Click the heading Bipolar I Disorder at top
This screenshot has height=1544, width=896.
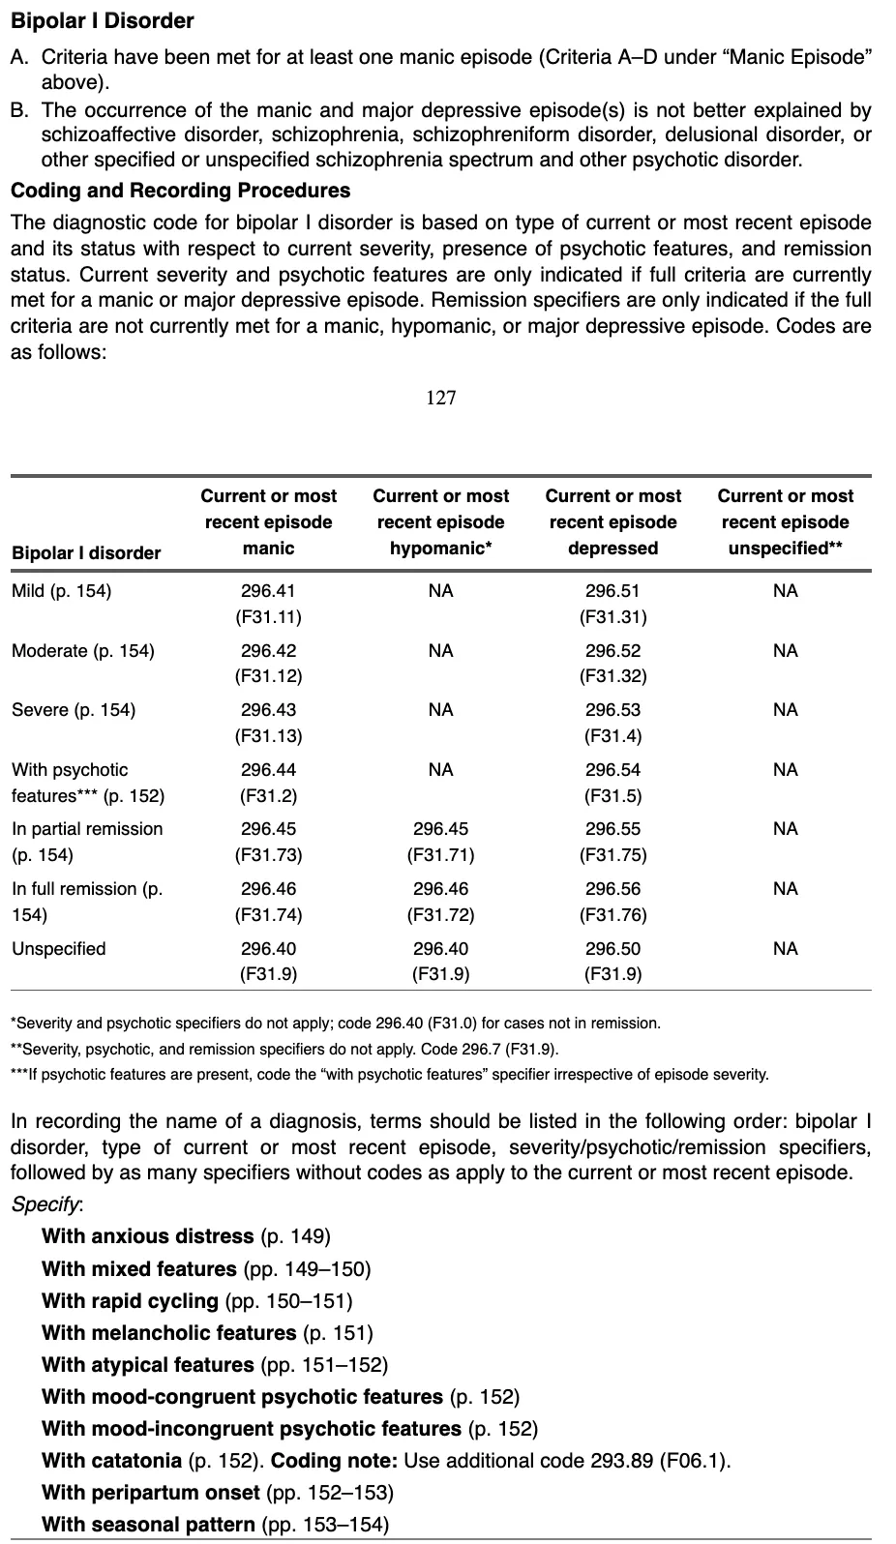tap(102, 20)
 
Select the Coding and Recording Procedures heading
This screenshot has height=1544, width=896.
tap(180, 191)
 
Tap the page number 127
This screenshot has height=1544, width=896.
tap(440, 398)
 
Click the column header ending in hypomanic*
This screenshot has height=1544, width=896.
tap(440, 522)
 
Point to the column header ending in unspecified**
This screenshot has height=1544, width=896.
tap(785, 522)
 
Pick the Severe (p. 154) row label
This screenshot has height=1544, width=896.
tap(74, 710)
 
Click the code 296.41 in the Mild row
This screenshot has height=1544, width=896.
tap(268, 591)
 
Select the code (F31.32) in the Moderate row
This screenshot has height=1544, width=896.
tap(612, 676)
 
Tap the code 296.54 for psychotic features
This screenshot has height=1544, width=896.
tap(612, 770)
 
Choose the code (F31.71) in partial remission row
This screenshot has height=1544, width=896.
tap(440, 855)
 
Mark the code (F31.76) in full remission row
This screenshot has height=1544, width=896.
tap(612, 915)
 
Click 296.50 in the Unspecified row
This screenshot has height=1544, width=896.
tap(612, 949)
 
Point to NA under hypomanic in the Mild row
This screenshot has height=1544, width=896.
tap(440, 591)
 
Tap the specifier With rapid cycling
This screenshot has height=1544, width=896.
tap(130, 1301)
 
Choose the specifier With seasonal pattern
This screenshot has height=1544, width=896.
tap(148, 1525)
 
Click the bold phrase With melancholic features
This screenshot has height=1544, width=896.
tap(168, 1333)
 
